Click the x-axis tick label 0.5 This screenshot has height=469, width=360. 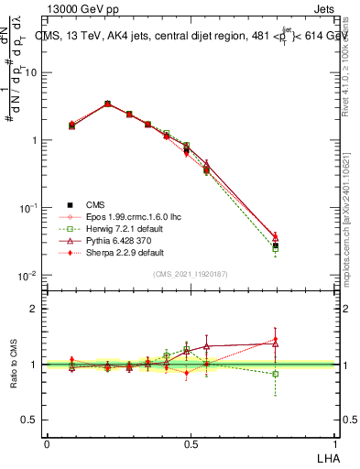click(190, 443)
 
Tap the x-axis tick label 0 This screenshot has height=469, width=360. click(47, 443)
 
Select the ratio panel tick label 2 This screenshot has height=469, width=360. click(35, 310)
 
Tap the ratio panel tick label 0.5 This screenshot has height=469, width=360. click(29, 420)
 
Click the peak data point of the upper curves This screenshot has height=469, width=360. click(108, 104)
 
